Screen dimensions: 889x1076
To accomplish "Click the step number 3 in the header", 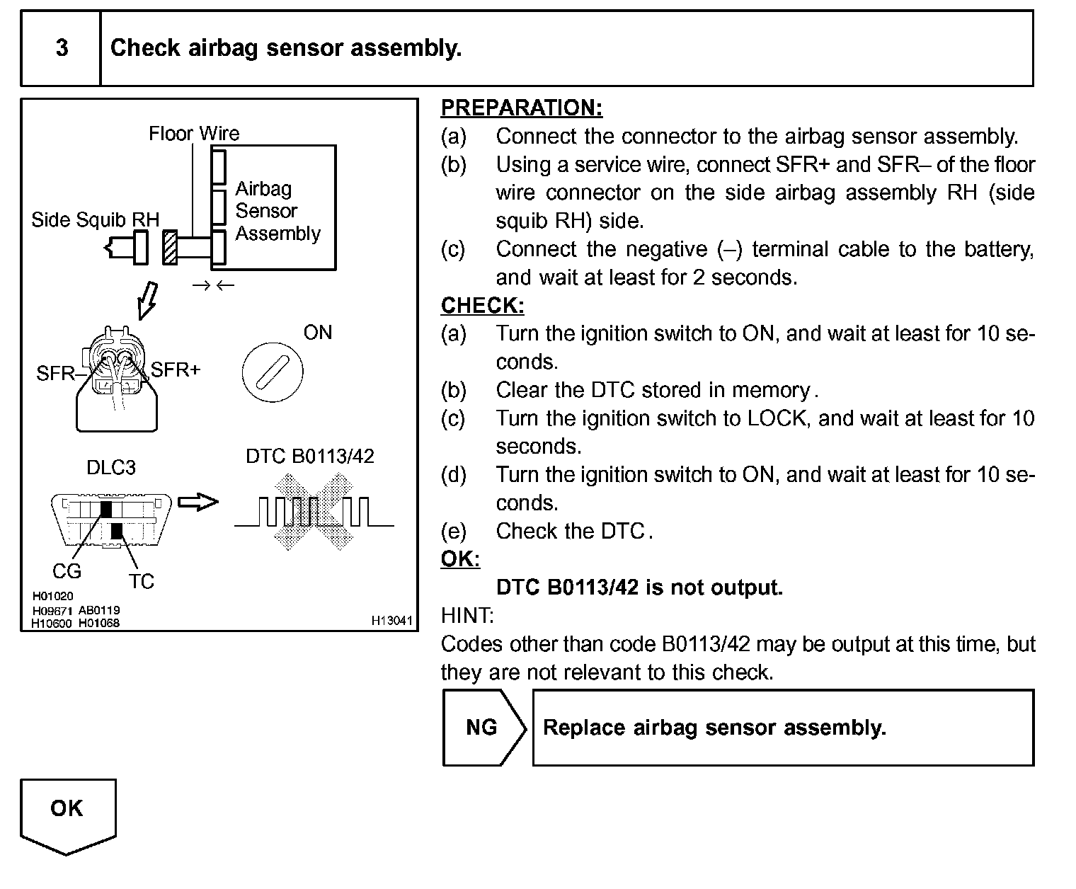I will [62, 48].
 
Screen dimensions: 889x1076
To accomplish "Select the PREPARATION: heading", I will [522, 108].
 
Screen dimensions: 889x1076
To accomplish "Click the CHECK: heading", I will [483, 306].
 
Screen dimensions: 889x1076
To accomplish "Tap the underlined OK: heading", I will [460, 559].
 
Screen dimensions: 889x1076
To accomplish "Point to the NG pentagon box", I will [483, 728].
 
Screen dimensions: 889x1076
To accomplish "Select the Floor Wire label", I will [194, 133].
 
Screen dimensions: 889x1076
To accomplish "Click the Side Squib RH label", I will [95, 220].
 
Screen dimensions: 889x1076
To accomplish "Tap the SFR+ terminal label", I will [176, 369].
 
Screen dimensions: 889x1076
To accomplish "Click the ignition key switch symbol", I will [273, 372].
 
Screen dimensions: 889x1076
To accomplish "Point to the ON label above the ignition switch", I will [317, 333].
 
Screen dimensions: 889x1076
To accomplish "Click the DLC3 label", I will [110, 468].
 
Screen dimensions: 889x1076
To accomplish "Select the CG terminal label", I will [67, 571].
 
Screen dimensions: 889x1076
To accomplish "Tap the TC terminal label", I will [141, 582].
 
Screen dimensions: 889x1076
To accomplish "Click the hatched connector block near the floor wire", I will [170, 248].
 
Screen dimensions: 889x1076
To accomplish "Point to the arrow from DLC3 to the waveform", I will [198, 502].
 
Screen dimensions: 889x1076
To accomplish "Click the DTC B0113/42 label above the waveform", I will [309, 457].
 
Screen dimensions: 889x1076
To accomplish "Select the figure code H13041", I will [391, 621].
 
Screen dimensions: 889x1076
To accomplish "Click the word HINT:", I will [467, 616].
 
